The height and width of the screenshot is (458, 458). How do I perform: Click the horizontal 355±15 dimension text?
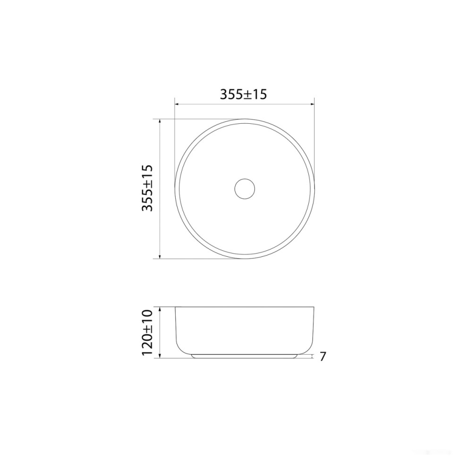pyautogui.click(x=243, y=94)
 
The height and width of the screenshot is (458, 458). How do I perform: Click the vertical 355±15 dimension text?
pyautogui.click(x=147, y=188)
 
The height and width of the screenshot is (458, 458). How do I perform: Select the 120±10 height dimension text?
pyautogui.click(x=147, y=332)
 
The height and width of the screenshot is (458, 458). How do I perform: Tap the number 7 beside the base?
pyautogui.click(x=322, y=356)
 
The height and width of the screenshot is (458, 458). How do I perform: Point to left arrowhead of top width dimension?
pyautogui.click(x=177, y=104)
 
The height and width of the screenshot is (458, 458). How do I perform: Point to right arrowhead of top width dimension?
pyautogui.click(x=312, y=104)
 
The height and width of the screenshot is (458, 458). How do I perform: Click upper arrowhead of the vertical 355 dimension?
pyautogui.click(x=160, y=121)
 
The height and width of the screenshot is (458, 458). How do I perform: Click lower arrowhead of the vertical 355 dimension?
pyautogui.click(x=160, y=256)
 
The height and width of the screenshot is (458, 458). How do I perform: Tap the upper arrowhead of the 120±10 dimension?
pyautogui.click(x=160, y=309)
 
